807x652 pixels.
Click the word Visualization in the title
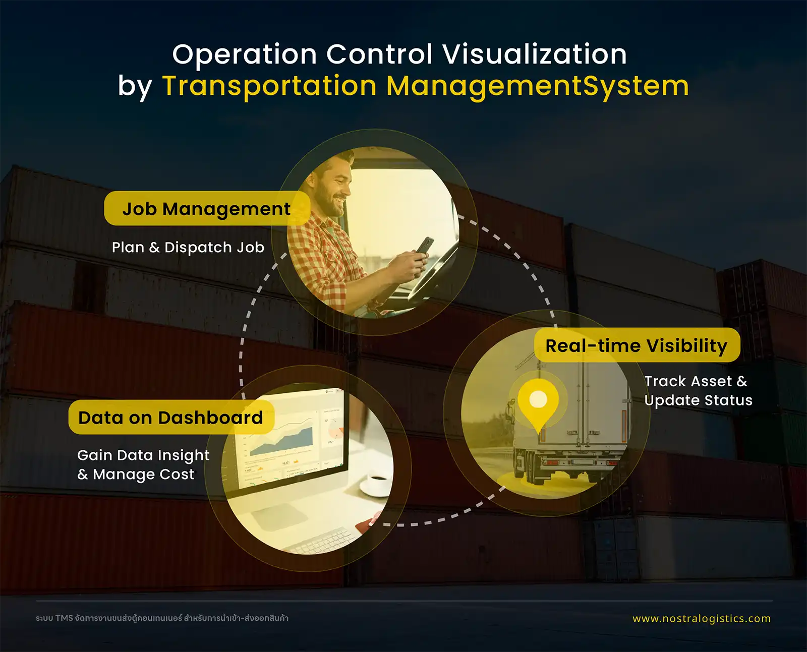click(535, 54)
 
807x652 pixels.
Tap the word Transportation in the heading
click(269, 86)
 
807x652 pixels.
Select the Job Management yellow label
click(207, 208)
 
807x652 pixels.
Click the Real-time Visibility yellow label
click(637, 345)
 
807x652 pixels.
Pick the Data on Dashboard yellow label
click(171, 417)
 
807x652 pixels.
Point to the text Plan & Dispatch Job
click(188, 248)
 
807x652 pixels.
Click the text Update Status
click(698, 400)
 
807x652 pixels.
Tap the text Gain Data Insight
click(143, 455)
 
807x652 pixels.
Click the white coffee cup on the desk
click(377, 484)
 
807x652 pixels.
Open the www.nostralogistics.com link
click(702, 618)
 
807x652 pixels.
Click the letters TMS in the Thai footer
click(64, 618)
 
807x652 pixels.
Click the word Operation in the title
click(245, 54)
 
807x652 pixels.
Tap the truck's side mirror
click(510, 409)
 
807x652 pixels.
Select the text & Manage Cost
click(136, 475)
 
